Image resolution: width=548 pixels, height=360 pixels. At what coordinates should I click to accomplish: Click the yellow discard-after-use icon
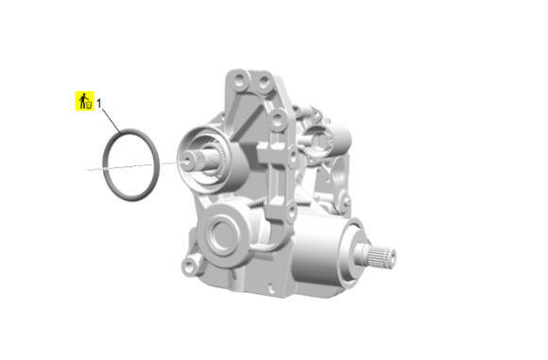tap(85, 101)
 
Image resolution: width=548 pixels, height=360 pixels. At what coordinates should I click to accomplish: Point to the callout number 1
tap(99, 103)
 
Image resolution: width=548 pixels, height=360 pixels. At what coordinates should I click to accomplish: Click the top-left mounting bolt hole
tap(240, 79)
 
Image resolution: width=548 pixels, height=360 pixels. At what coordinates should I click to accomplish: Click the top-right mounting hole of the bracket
tap(263, 83)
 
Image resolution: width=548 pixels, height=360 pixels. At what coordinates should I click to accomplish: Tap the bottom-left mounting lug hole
tap(189, 266)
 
